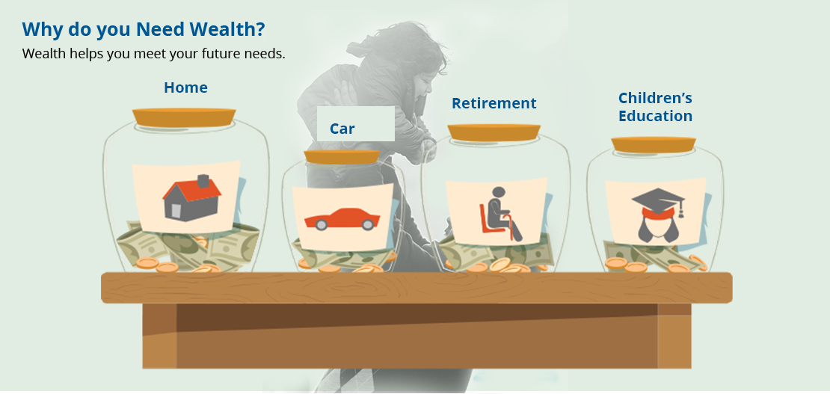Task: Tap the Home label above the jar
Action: pos(185,87)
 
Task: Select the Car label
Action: pos(342,129)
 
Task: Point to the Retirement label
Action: pos(494,103)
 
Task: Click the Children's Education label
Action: pos(655,107)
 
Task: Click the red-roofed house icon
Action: pos(191,197)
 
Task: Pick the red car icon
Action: pos(342,219)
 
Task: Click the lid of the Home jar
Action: pos(184,117)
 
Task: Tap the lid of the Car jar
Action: pos(342,157)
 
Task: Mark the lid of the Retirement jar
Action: pos(494,132)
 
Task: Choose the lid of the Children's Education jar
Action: pos(654,144)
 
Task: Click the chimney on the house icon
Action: pos(203,181)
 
